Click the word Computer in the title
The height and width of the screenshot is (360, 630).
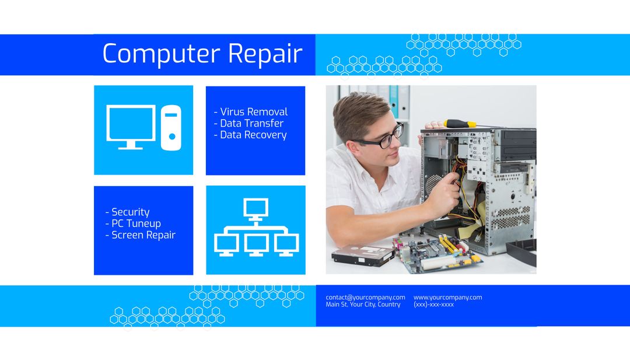click(x=161, y=54)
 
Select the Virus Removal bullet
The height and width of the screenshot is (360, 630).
click(x=251, y=112)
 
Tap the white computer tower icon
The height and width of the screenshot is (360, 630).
click(x=171, y=128)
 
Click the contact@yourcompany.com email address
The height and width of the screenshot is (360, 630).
click(x=365, y=298)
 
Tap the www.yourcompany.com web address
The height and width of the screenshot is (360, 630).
click(x=447, y=298)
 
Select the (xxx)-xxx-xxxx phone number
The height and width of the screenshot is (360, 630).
click(x=433, y=305)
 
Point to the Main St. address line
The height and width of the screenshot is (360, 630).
click(x=363, y=305)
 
